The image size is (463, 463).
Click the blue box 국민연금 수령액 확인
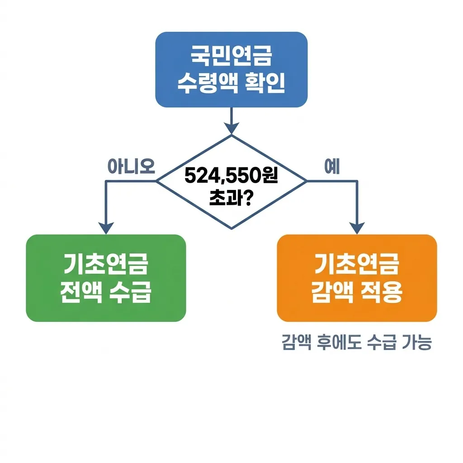pos(231,69)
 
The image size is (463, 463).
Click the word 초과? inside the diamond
pos(231,198)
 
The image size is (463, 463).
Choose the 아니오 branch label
pos(131,167)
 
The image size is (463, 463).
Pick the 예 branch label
pos(332,167)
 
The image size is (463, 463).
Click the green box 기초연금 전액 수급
pos(106,278)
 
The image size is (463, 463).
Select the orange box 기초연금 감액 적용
pos(357,278)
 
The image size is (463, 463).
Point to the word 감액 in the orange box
pos(331,293)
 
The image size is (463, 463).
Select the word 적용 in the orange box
pos(383,293)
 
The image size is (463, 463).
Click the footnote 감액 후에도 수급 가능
pos(357,343)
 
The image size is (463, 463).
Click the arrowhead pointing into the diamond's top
pos(231,128)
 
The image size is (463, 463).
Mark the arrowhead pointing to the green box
pos(106,227)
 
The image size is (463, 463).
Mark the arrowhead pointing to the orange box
pos(357,227)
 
